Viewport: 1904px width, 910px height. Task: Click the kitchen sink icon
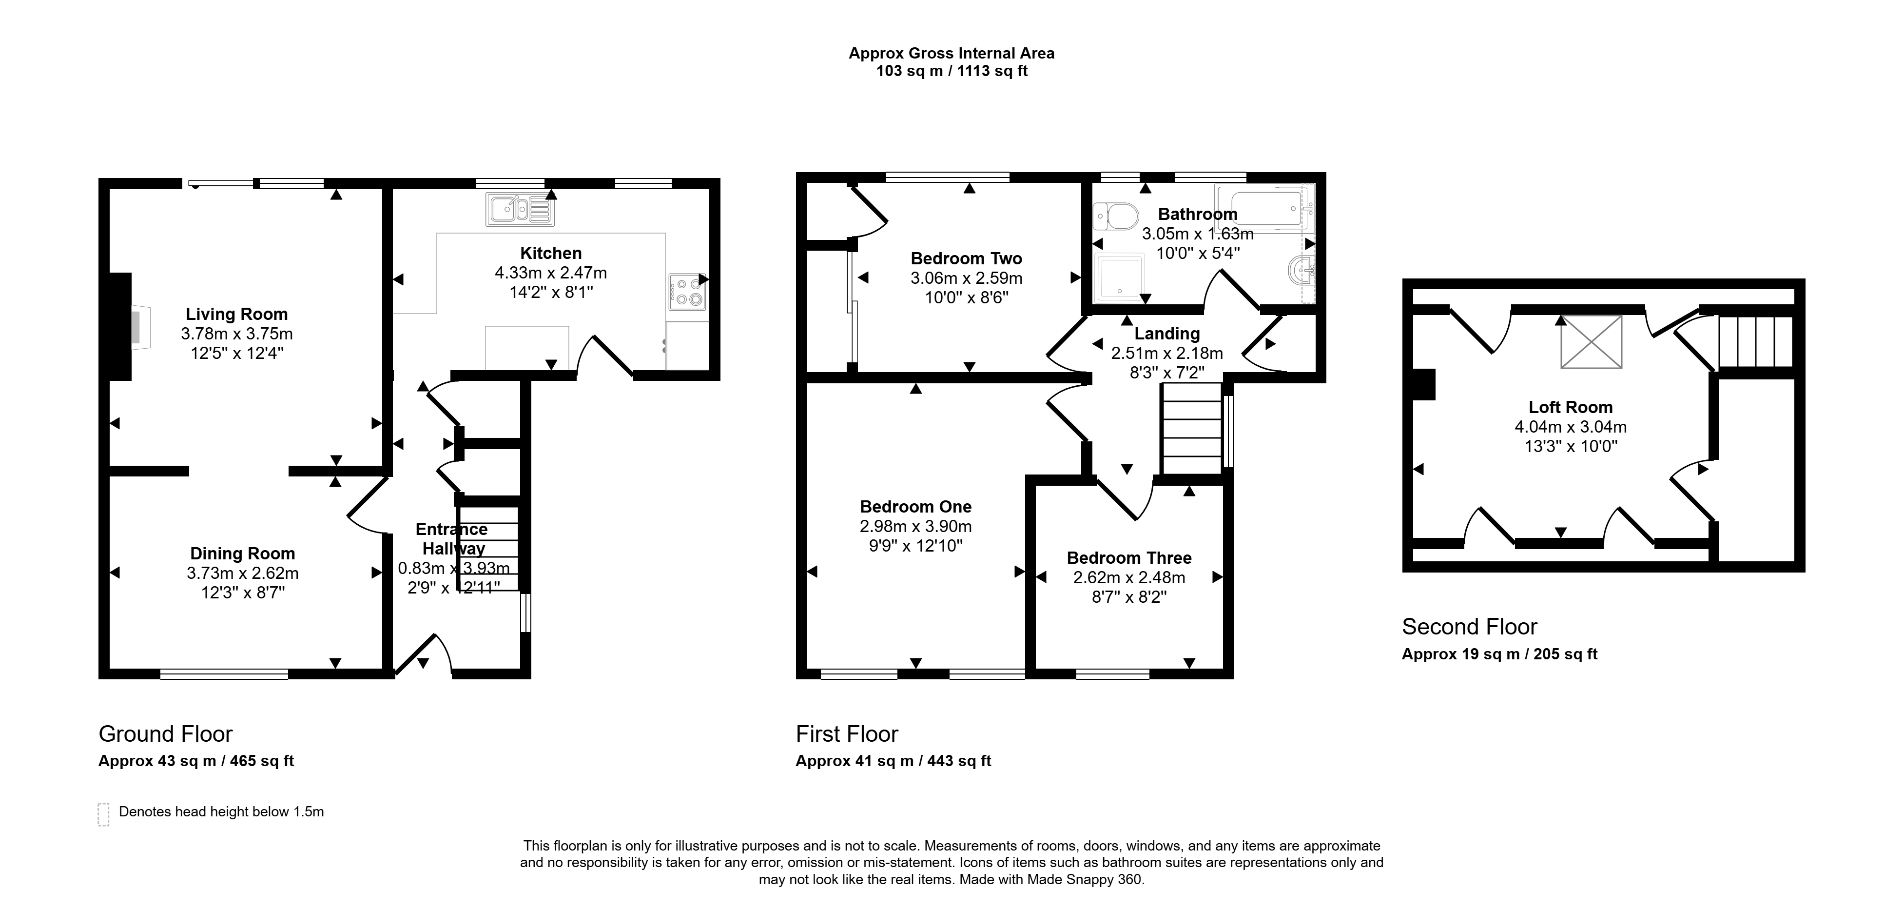(x=520, y=209)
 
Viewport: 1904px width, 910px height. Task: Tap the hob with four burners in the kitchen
(x=687, y=292)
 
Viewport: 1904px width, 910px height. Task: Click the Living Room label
(x=236, y=314)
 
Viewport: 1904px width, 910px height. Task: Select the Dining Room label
(x=242, y=554)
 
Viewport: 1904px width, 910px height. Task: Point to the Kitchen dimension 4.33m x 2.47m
(x=551, y=273)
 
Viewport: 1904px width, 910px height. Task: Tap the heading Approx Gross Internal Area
(x=951, y=53)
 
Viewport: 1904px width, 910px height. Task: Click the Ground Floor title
(x=166, y=734)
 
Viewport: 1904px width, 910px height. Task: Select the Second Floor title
(x=1469, y=627)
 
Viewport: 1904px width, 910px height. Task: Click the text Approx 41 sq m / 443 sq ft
(x=893, y=761)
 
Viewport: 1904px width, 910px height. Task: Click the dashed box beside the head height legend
(x=103, y=814)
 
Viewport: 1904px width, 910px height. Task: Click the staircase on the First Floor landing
(x=1191, y=428)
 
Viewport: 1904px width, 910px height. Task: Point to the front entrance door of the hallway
(x=423, y=655)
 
